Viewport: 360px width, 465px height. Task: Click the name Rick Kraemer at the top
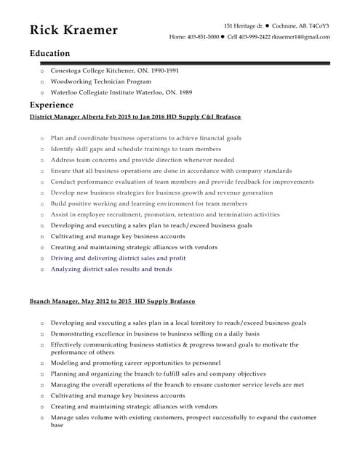tap(73, 30)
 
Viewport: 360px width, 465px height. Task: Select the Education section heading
tap(49, 53)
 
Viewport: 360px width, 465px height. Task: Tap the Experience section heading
tap(52, 105)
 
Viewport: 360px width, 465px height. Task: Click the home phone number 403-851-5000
tap(203, 36)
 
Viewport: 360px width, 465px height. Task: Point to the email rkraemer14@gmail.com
tap(301, 36)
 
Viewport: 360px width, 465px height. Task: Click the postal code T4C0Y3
tap(319, 25)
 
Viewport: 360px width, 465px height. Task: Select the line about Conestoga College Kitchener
tap(114, 71)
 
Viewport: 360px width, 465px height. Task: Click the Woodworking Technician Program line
tap(100, 82)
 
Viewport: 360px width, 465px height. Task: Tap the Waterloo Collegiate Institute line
tap(121, 93)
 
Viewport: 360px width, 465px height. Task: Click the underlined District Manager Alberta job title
tap(135, 116)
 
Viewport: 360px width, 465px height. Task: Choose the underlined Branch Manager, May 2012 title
tap(112, 301)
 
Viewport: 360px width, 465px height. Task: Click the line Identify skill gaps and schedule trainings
tap(135, 149)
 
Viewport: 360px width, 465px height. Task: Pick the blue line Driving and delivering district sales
tap(118, 258)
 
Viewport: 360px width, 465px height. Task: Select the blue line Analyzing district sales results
tap(111, 269)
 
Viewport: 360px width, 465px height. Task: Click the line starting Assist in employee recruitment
tap(164, 214)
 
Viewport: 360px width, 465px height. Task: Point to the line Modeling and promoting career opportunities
tap(135, 363)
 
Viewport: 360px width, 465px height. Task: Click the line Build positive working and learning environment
tap(148, 203)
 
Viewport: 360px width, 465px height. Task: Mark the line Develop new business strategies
tap(161, 193)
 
